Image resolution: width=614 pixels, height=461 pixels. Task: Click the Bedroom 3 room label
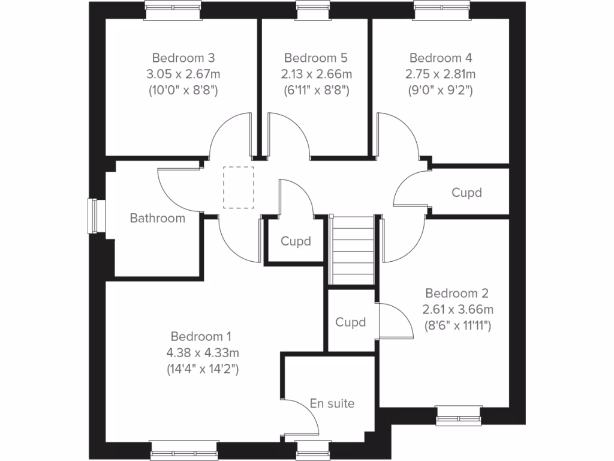click(183, 58)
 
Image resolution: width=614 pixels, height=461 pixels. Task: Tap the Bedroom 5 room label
click(315, 58)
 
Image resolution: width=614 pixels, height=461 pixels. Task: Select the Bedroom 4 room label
click(441, 58)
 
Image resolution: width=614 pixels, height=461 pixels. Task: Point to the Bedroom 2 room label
click(457, 294)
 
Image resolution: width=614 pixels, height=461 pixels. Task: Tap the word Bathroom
click(158, 218)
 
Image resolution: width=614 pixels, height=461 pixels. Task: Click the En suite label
click(332, 403)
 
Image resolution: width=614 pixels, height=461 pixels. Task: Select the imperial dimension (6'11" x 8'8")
click(315, 91)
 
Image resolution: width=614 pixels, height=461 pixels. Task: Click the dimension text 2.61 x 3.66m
click(457, 310)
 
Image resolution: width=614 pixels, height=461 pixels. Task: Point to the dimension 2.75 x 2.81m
click(441, 74)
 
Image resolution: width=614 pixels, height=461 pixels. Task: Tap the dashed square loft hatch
click(239, 187)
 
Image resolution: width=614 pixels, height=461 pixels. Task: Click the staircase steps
click(353, 249)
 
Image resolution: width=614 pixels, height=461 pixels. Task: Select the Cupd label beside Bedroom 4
click(466, 193)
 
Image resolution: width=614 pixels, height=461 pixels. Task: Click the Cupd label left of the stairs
click(296, 241)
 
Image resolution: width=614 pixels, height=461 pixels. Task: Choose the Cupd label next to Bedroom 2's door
click(350, 322)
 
